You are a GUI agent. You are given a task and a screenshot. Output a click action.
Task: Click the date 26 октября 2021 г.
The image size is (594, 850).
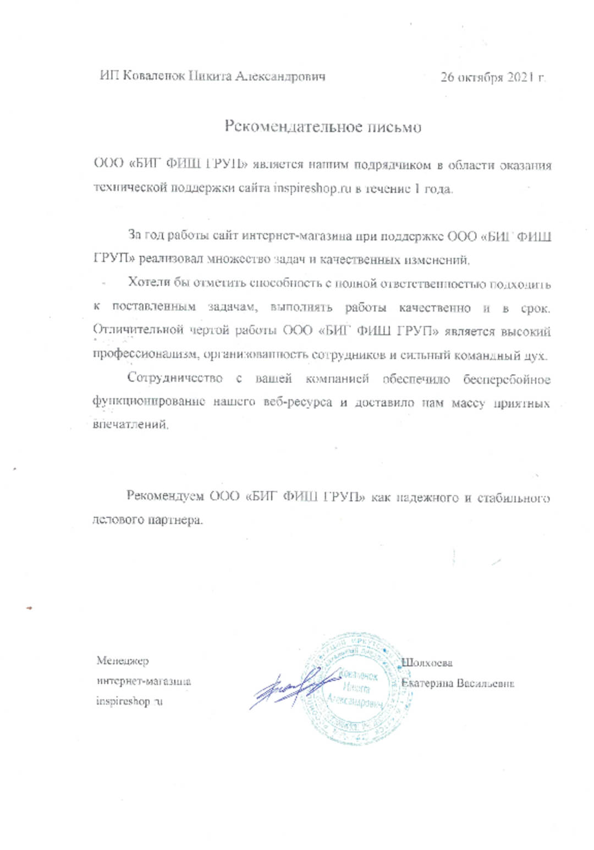[x=493, y=77]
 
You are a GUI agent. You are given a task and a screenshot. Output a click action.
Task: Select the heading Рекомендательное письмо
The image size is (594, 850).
[x=323, y=127]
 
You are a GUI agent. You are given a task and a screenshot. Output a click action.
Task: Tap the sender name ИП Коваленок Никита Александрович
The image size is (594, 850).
[x=212, y=76]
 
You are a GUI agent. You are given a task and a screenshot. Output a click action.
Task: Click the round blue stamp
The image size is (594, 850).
[x=358, y=688]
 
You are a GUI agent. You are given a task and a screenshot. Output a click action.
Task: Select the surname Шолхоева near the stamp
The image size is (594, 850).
[x=427, y=663]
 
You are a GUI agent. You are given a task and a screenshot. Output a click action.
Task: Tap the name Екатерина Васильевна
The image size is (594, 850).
[x=458, y=683]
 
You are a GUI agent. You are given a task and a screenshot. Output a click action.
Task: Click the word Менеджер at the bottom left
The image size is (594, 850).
[x=123, y=661]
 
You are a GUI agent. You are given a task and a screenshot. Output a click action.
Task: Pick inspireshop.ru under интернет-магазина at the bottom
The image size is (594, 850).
[x=129, y=701]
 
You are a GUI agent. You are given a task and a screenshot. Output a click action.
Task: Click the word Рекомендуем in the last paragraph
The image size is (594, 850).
[x=164, y=496]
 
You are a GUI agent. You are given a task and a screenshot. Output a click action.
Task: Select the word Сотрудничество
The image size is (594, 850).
[x=175, y=379]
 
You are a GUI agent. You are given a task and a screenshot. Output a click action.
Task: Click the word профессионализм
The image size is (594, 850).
[x=146, y=354]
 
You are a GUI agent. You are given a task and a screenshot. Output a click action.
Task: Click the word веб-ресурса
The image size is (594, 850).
[x=298, y=402]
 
